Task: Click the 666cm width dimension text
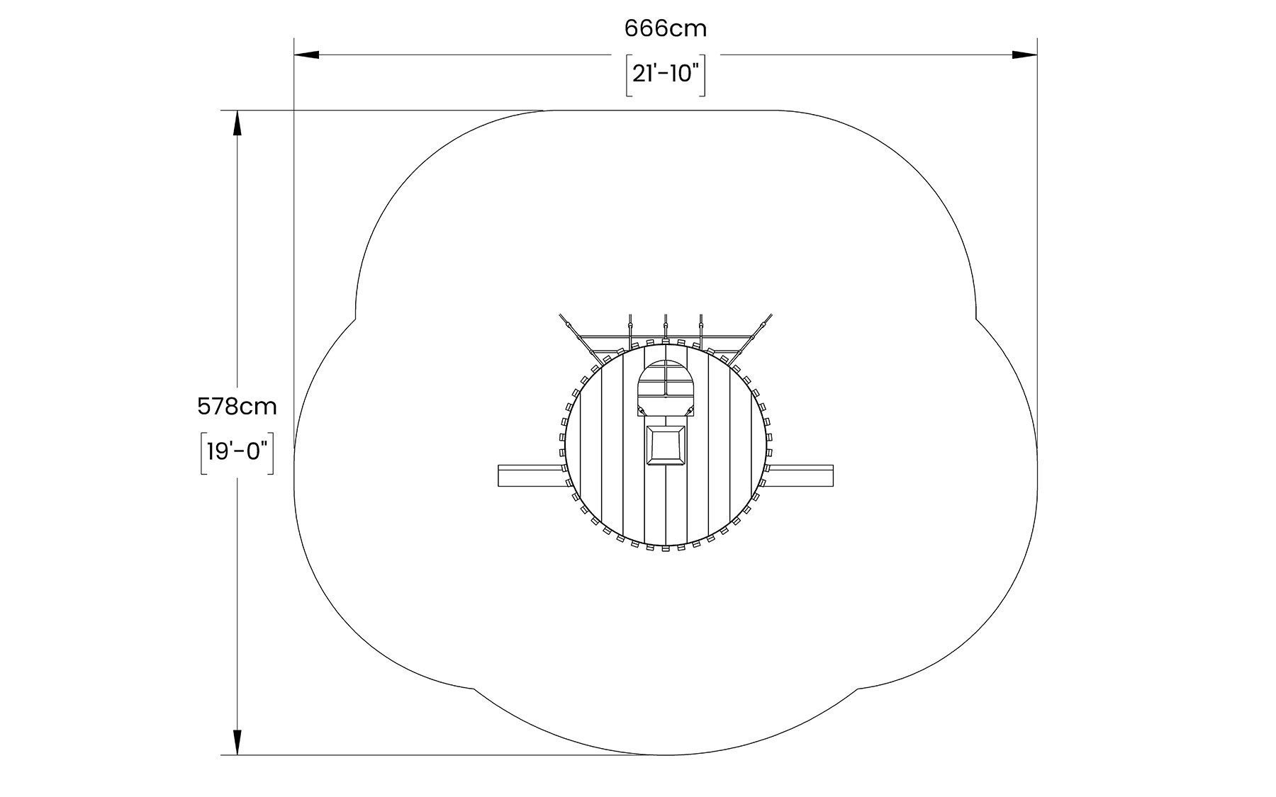click(666, 28)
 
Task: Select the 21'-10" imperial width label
click(666, 73)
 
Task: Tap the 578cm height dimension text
click(237, 407)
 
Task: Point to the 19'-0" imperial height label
click(237, 451)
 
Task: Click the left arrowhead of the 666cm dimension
click(306, 55)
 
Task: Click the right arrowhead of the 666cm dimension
click(1025, 55)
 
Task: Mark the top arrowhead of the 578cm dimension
click(237, 123)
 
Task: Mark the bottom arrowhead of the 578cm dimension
click(237, 742)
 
